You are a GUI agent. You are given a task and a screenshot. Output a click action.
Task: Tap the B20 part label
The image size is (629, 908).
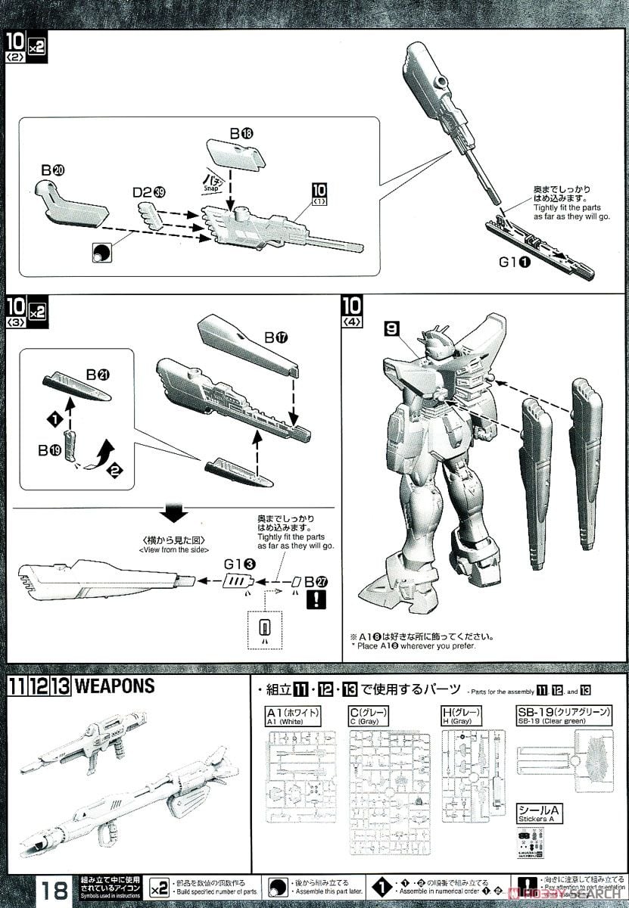pos(53,169)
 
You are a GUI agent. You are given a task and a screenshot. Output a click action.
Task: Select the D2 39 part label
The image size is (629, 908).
pos(149,192)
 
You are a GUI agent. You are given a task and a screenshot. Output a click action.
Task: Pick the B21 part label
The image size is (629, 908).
pos(98,374)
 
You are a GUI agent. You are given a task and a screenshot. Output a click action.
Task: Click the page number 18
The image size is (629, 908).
pos(54,890)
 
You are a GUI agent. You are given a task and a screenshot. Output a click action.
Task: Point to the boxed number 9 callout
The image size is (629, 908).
pos(391,329)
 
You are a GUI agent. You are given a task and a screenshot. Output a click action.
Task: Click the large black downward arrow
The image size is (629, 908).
pos(176,515)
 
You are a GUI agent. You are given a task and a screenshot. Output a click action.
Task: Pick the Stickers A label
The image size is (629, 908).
pos(537,814)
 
